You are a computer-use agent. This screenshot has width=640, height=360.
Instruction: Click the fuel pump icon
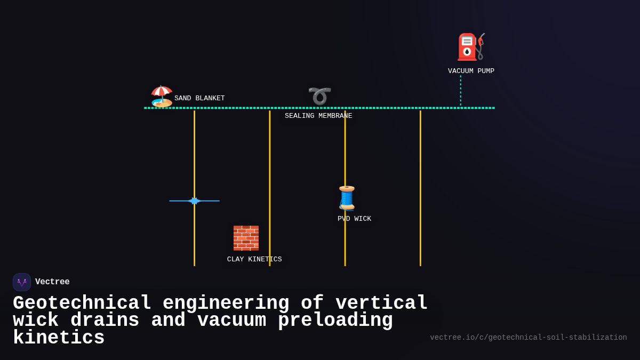coord(470,47)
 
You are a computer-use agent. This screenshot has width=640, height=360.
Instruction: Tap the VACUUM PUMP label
coord(471,71)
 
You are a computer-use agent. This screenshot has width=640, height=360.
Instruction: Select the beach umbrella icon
coord(162,96)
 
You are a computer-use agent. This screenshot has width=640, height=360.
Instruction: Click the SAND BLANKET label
coord(199,99)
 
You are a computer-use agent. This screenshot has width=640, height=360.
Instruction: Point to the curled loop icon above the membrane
coord(319,96)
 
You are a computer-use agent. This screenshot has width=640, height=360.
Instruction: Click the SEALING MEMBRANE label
coord(318,116)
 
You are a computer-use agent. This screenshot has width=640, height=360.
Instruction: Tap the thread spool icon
coord(347,198)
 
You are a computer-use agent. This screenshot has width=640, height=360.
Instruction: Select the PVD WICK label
coord(354,219)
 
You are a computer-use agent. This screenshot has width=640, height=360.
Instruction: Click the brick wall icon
coord(246,238)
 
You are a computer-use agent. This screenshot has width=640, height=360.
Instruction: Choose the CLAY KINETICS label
coord(254,260)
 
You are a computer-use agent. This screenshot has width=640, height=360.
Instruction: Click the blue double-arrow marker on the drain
coord(194,201)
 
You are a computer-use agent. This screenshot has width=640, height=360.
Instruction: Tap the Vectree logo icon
coord(22,282)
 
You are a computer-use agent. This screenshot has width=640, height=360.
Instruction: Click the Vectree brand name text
coord(52,282)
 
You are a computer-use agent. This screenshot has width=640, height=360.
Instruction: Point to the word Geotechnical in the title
coord(82,303)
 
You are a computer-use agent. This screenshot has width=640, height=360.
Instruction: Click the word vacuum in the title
coord(231,321)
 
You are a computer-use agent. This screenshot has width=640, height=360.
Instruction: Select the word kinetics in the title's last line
coord(59,338)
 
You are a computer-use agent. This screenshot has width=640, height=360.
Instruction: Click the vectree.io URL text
coord(528,338)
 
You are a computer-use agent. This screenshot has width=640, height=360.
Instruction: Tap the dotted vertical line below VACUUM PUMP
coord(461,91)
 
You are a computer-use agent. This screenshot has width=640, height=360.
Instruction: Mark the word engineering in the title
coord(226,303)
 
